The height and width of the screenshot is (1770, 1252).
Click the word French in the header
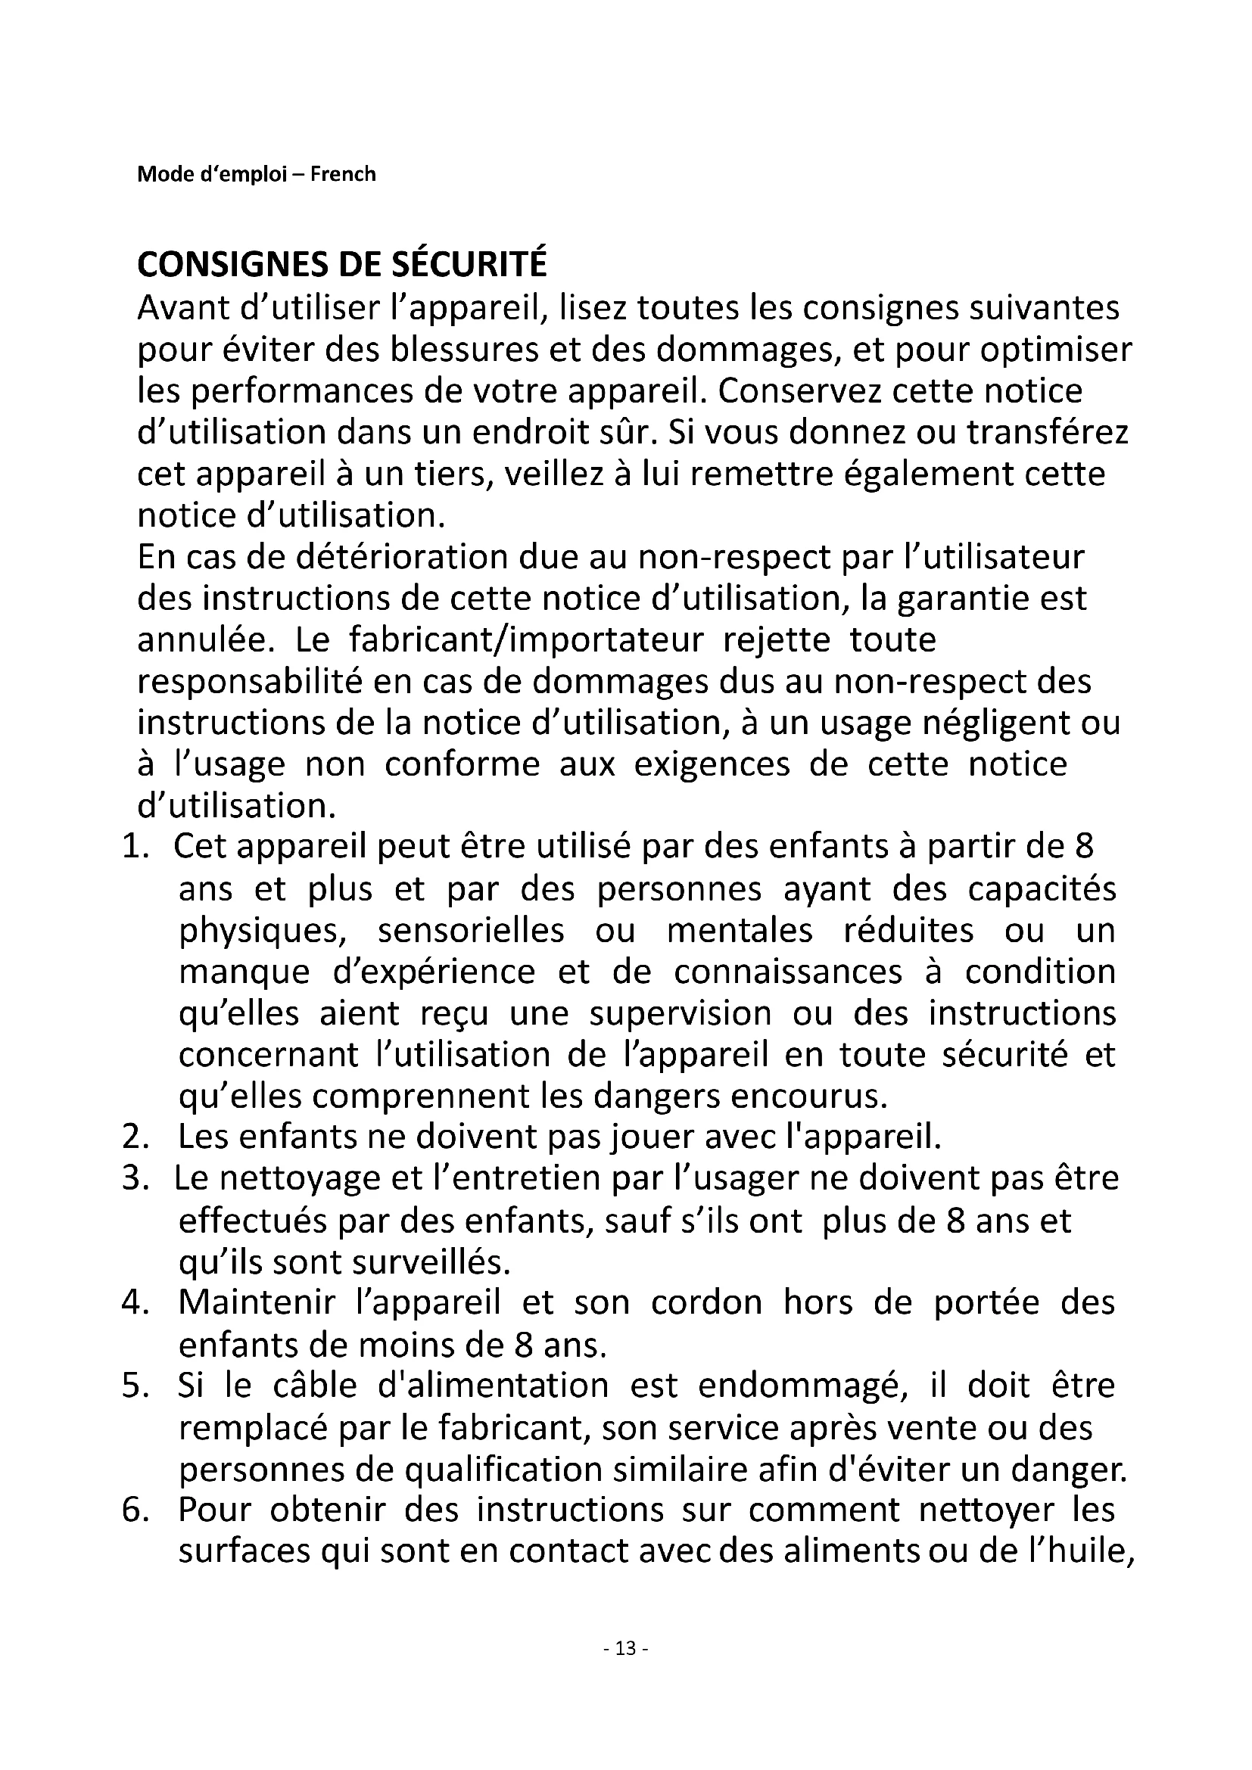(x=343, y=174)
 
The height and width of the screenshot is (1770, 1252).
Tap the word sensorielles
(x=471, y=931)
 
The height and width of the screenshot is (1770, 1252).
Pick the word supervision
(x=680, y=1013)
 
